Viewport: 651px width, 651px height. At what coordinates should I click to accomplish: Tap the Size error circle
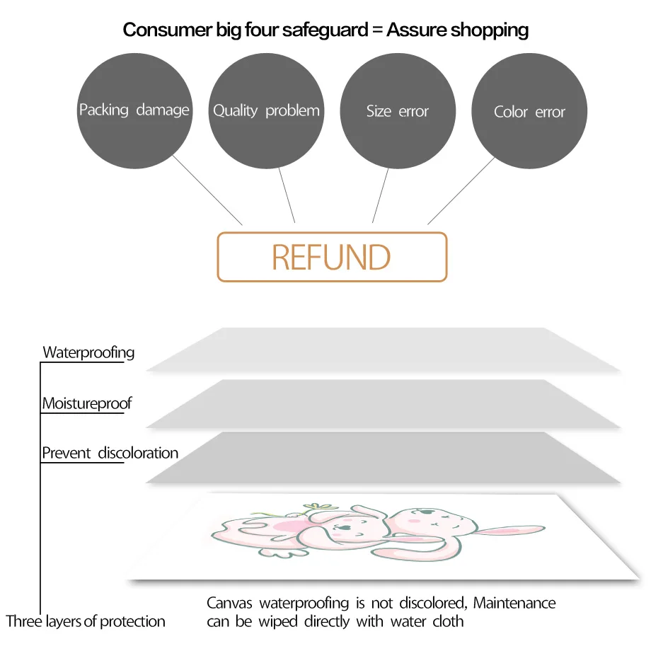click(x=398, y=111)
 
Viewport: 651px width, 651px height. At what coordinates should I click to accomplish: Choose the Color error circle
click(x=529, y=112)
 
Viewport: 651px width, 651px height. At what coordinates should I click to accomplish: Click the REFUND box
click(x=331, y=257)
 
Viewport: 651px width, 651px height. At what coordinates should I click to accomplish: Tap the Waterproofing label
click(x=88, y=352)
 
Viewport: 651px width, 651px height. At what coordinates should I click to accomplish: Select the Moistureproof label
click(x=86, y=403)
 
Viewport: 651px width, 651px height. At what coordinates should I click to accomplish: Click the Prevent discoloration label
click(x=110, y=453)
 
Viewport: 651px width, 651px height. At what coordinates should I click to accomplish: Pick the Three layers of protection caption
click(x=86, y=621)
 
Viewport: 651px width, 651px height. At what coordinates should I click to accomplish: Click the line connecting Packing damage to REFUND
click(x=207, y=190)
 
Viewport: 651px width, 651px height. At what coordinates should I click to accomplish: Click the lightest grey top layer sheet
click(x=382, y=350)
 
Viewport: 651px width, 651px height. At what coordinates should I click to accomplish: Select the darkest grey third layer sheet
click(x=382, y=459)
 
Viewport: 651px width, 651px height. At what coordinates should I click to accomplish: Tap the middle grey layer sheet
click(x=382, y=405)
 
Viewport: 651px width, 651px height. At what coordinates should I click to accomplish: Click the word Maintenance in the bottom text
click(x=514, y=603)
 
